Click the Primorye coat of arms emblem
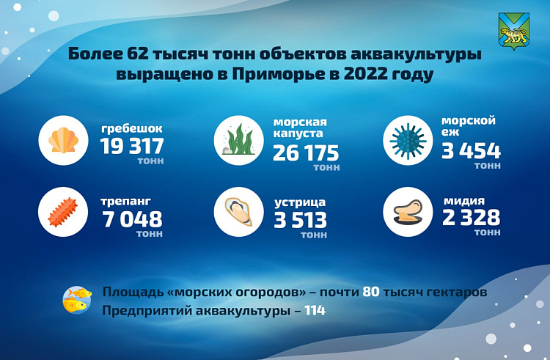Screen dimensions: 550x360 click(514, 32)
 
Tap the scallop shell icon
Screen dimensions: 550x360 click(64, 140)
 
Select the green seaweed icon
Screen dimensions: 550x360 click(239, 140)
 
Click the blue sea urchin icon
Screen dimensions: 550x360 click(408, 141)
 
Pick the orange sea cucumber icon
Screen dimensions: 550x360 click(63, 212)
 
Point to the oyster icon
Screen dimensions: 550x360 click(238, 212)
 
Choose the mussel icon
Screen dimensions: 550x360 click(408, 212)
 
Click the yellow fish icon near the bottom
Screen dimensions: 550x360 click(77, 300)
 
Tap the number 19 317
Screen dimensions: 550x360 click(132, 146)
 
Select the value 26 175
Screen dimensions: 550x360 click(306, 153)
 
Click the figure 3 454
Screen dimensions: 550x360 click(471, 151)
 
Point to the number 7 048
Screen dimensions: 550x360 click(133, 219)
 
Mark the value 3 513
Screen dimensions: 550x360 click(300, 220)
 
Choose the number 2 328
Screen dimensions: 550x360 click(471, 217)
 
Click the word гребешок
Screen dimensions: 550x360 click(132, 129)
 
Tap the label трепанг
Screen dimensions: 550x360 click(126, 202)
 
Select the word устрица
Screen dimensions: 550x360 click(300, 202)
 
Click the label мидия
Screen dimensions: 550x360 click(464, 201)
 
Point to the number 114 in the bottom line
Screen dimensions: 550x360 click(315, 311)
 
